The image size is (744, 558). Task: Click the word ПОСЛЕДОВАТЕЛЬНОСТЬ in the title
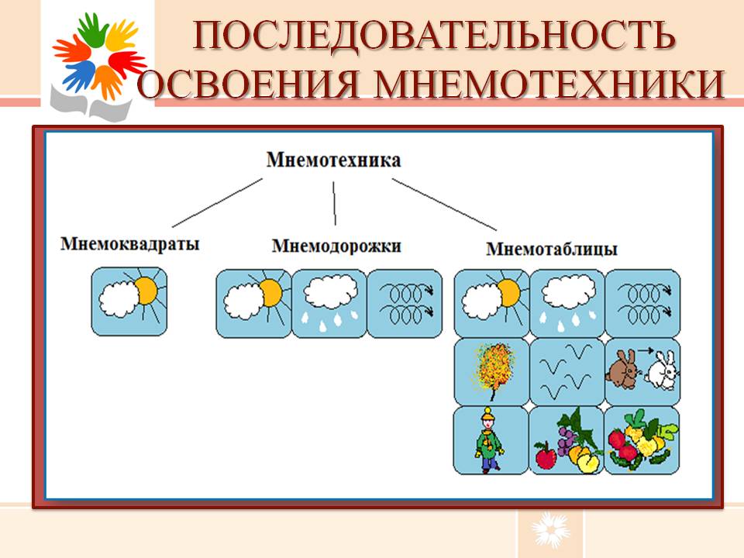tap(434, 35)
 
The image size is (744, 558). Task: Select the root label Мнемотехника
tap(333, 160)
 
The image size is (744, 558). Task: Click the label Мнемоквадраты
tap(130, 244)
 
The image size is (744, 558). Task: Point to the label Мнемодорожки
tap(336, 246)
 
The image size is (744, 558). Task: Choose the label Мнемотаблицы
tap(552, 249)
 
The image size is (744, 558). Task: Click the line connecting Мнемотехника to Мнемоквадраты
tap(217, 202)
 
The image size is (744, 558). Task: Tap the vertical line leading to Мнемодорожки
tap(334, 203)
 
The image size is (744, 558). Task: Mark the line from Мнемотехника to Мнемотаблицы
tap(444, 205)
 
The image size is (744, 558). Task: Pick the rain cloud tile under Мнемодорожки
tap(329, 304)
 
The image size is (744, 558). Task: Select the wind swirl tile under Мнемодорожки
tap(405, 304)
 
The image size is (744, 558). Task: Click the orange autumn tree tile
tap(491, 371)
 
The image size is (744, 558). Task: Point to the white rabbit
tap(661, 370)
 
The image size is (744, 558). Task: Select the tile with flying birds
tap(567, 371)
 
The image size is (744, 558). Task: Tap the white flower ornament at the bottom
tap(550, 529)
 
